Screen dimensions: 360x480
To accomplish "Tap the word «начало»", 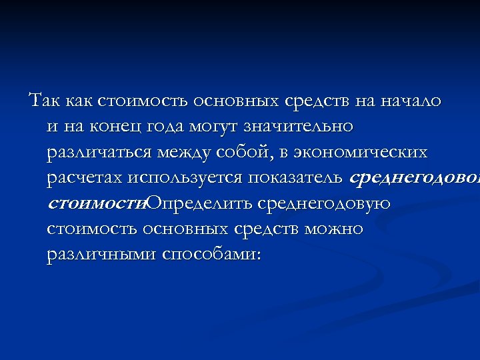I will pyautogui.click(x=410, y=101).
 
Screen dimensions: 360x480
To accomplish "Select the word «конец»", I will pyautogui.click(x=121, y=126).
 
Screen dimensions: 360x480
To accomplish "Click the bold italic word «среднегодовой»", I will pyautogui.click(x=413, y=178).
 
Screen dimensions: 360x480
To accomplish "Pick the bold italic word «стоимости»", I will pyautogui.click(x=96, y=203).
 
